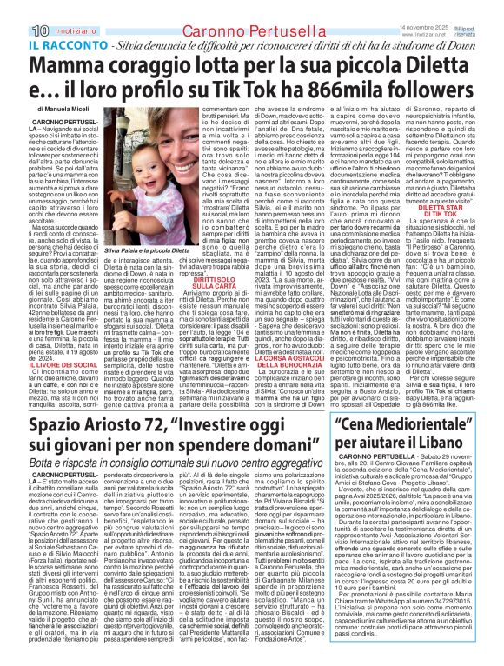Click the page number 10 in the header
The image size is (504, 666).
15,9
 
